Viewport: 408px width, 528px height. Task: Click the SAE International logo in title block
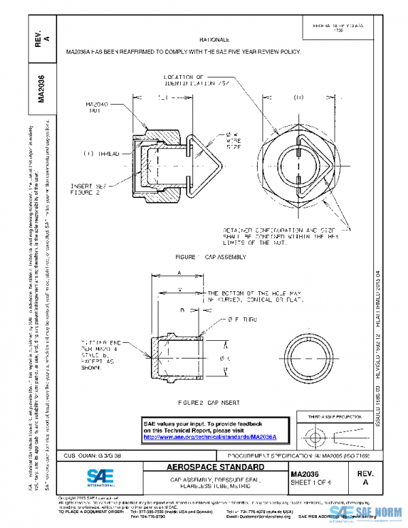(x=101, y=476)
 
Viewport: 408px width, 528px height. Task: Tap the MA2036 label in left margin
(x=41, y=88)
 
